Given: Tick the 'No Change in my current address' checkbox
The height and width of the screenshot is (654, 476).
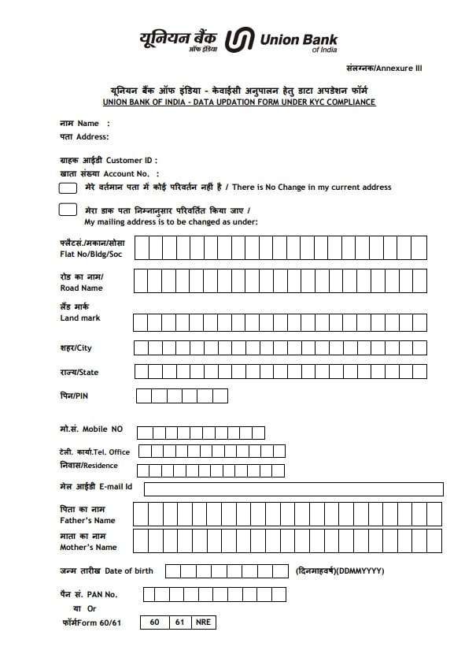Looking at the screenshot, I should coord(68,188).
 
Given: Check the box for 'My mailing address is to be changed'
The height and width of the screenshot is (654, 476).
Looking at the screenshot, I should coord(68,210).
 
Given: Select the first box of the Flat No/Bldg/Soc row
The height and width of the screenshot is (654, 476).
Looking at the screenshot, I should coord(142,248).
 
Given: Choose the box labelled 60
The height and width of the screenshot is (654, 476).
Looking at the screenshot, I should coord(154,622).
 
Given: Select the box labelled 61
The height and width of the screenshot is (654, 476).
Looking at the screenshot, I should coord(179,622).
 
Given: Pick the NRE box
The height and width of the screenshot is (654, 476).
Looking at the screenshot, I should coord(203,622).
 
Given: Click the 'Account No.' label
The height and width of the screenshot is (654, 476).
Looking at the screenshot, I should coord(126,173).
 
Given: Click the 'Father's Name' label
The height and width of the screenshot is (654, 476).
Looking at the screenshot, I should coord(87,520).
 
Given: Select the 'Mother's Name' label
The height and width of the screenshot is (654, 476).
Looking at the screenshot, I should coord(88,547).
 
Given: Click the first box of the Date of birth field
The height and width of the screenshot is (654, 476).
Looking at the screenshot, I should coord(172,570).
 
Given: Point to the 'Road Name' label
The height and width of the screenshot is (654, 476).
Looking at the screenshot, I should coord(81,288).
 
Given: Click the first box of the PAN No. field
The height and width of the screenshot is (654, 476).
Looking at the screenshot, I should coord(149,594).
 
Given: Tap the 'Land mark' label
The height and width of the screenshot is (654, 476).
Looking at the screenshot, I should coord(80,318).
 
